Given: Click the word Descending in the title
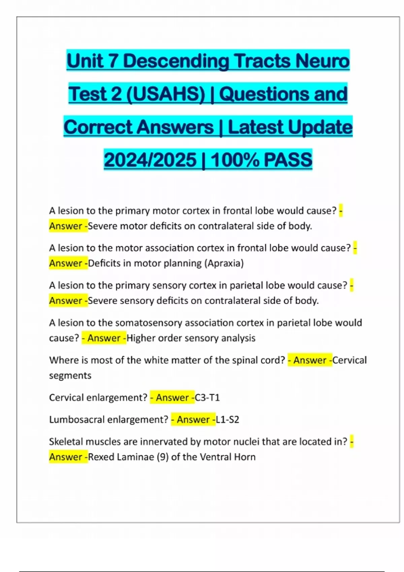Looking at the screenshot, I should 176,61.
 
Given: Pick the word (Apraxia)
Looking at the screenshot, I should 224,263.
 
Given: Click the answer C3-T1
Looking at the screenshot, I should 207,398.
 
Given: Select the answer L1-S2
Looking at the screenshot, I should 228,420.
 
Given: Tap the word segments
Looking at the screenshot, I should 70,376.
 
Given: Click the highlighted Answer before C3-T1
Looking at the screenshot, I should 172,398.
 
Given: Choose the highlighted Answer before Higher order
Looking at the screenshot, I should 104,338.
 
